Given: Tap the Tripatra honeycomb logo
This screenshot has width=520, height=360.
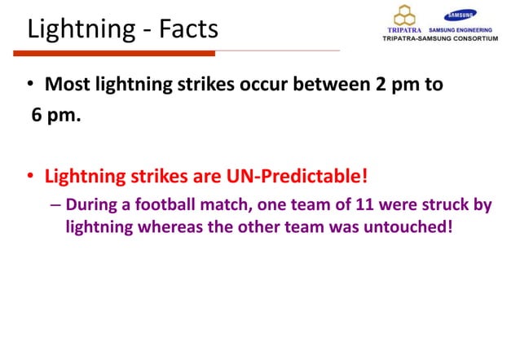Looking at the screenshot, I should pyautogui.click(x=405, y=15).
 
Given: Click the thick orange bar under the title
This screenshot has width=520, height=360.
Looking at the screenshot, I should pyautogui.click(x=115, y=53).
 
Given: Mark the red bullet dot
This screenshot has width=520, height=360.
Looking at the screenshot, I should pyautogui.click(x=30, y=177).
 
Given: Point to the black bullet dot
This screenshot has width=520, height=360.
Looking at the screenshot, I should pyautogui.click(x=30, y=85).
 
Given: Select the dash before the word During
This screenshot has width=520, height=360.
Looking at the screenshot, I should pyautogui.click(x=55, y=205).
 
